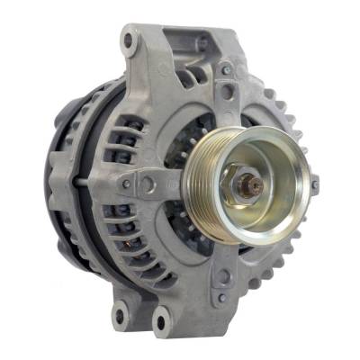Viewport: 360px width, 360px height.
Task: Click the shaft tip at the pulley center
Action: [x=256, y=186]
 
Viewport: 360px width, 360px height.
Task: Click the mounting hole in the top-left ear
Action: [x=131, y=42]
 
